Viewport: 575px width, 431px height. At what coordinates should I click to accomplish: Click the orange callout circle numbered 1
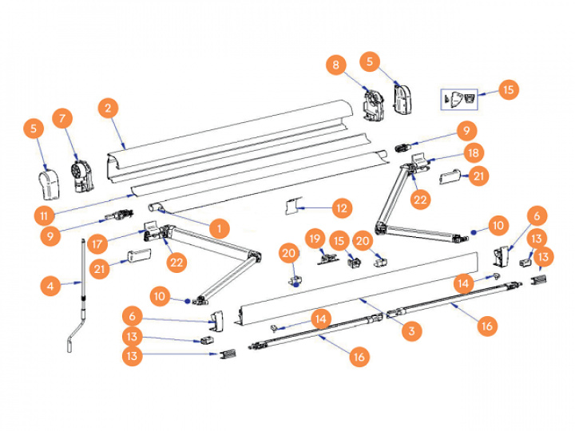[x=215, y=227]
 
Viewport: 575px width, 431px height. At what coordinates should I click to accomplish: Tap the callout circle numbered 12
[x=342, y=209]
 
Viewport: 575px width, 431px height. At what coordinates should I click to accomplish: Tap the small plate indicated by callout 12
[x=291, y=208]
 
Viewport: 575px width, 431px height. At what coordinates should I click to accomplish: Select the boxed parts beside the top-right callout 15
[x=460, y=98]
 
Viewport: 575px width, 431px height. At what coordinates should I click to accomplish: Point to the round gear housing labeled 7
[x=81, y=175]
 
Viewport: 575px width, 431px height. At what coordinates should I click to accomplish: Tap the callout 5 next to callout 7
[x=34, y=128]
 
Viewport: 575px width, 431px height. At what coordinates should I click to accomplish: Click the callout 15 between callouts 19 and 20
[x=339, y=240]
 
